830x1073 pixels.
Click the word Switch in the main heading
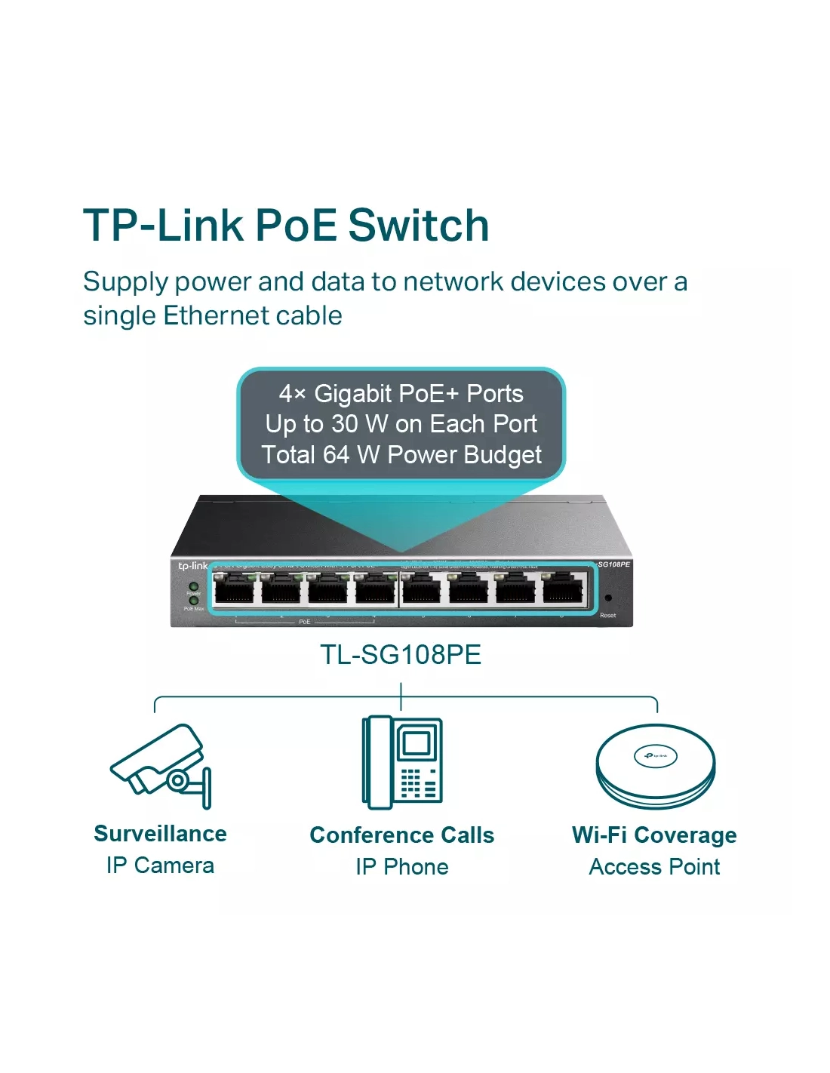coord(419,226)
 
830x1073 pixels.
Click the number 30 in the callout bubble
coord(344,424)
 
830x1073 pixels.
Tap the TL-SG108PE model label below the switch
coord(401,654)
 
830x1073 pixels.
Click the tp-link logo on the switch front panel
coord(192,566)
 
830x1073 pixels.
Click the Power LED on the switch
coord(193,586)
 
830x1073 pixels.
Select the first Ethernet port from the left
coord(234,588)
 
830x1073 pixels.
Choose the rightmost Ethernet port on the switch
coord(564,588)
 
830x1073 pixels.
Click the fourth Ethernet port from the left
coord(376,588)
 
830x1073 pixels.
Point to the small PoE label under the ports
coord(304,622)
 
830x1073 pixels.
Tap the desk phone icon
coord(402,761)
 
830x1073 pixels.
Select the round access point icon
coord(655,766)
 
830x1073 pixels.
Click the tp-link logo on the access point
coord(655,755)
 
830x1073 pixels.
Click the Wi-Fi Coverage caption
coord(654,835)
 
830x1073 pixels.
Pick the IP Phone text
coord(402,867)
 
